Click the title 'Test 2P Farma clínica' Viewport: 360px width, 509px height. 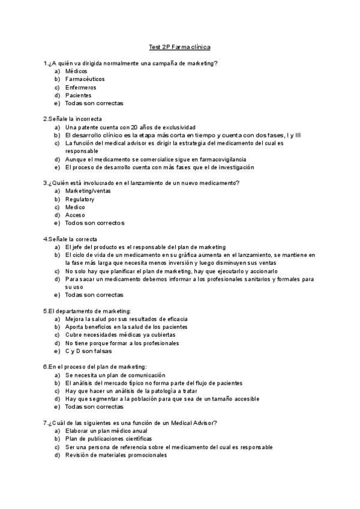[179, 47]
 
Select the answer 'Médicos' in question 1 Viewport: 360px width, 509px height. [76, 71]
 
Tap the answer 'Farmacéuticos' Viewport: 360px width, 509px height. [85, 79]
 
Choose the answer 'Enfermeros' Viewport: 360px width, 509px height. [80, 87]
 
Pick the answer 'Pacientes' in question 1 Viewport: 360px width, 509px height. [79, 95]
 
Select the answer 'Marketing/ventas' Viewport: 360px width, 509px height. [88, 191]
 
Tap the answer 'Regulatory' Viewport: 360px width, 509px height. [80, 199]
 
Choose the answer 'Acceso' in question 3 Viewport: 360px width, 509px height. [75, 215]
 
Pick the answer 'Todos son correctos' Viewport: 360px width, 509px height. [95, 223]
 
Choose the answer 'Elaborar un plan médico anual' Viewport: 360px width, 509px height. [106, 431]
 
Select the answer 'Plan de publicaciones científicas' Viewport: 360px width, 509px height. [109, 439]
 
